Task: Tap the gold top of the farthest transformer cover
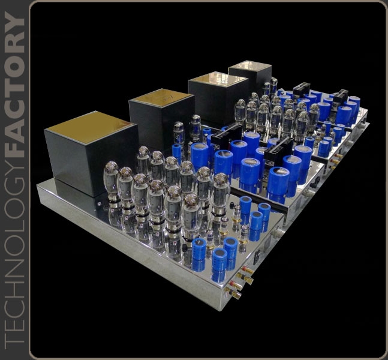pos(250,65)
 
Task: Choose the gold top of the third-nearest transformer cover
pos(218,79)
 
